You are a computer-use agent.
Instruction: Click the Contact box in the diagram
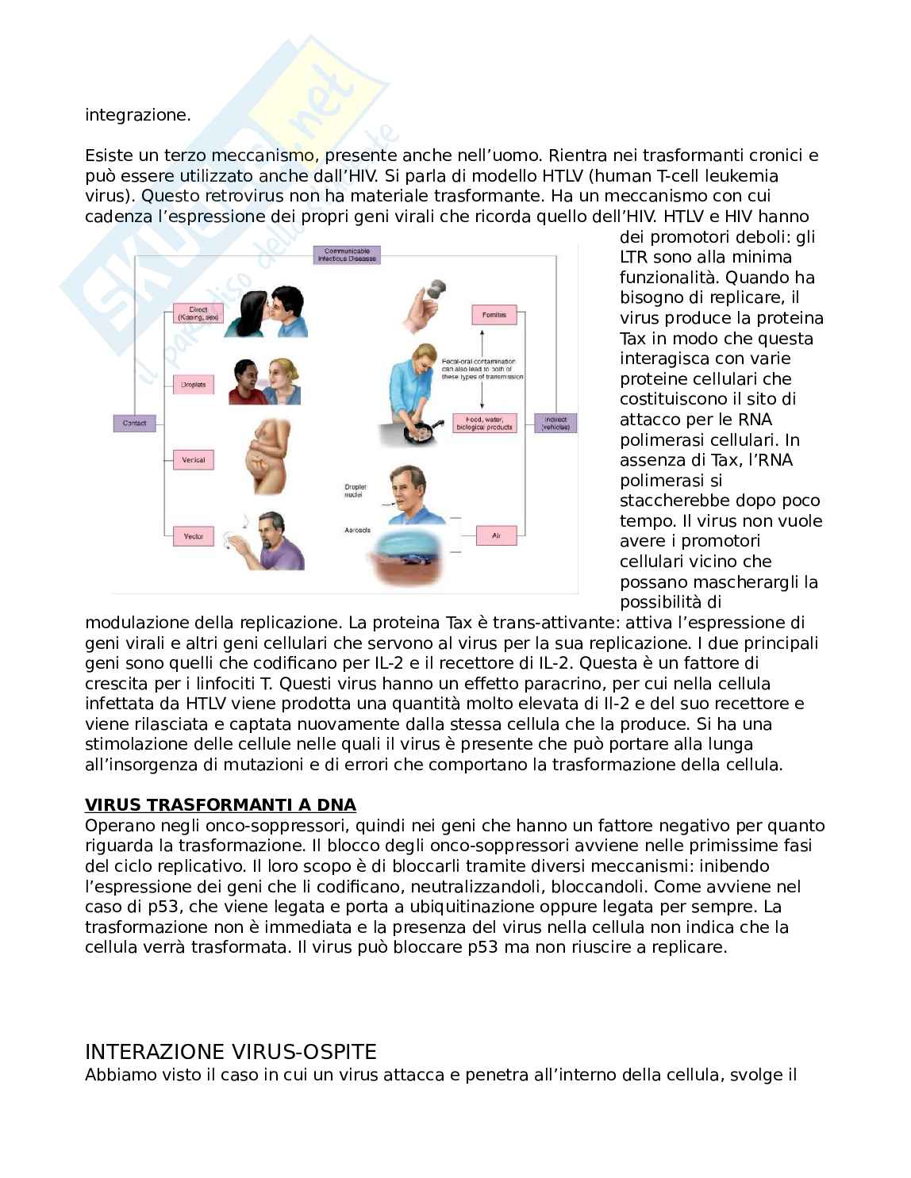coord(134,424)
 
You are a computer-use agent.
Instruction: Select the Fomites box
coord(494,315)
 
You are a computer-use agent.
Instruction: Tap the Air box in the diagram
coord(496,536)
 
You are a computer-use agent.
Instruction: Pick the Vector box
coord(194,536)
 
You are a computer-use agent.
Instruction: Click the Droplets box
coord(194,385)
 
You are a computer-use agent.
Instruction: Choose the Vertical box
coord(194,460)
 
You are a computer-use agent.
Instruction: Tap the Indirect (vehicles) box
coord(555,423)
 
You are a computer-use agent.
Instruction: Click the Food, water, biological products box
coord(485,423)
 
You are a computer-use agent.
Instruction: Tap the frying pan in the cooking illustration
coord(421,432)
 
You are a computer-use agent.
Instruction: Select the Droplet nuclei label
coord(355,490)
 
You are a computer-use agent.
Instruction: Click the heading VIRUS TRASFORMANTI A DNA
coord(220,805)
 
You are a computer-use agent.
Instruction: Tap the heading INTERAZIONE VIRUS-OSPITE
coord(230,1052)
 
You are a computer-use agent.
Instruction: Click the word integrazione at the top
coord(138,115)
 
